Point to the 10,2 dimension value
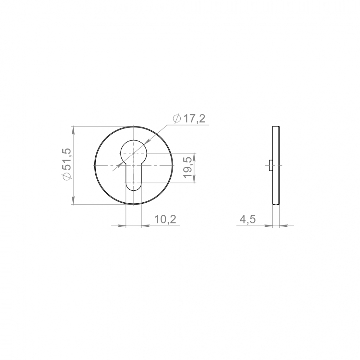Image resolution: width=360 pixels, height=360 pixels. pyautogui.click(x=165, y=219)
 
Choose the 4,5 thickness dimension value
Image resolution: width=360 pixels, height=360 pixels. pyautogui.click(x=248, y=219)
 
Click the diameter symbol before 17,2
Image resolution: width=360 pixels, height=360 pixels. pyautogui.click(x=177, y=119)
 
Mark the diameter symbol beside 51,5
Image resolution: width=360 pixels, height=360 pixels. pyautogui.click(x=69, y=176)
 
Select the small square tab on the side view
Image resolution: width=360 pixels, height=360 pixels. pyautogui.click(x=271, y=165)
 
